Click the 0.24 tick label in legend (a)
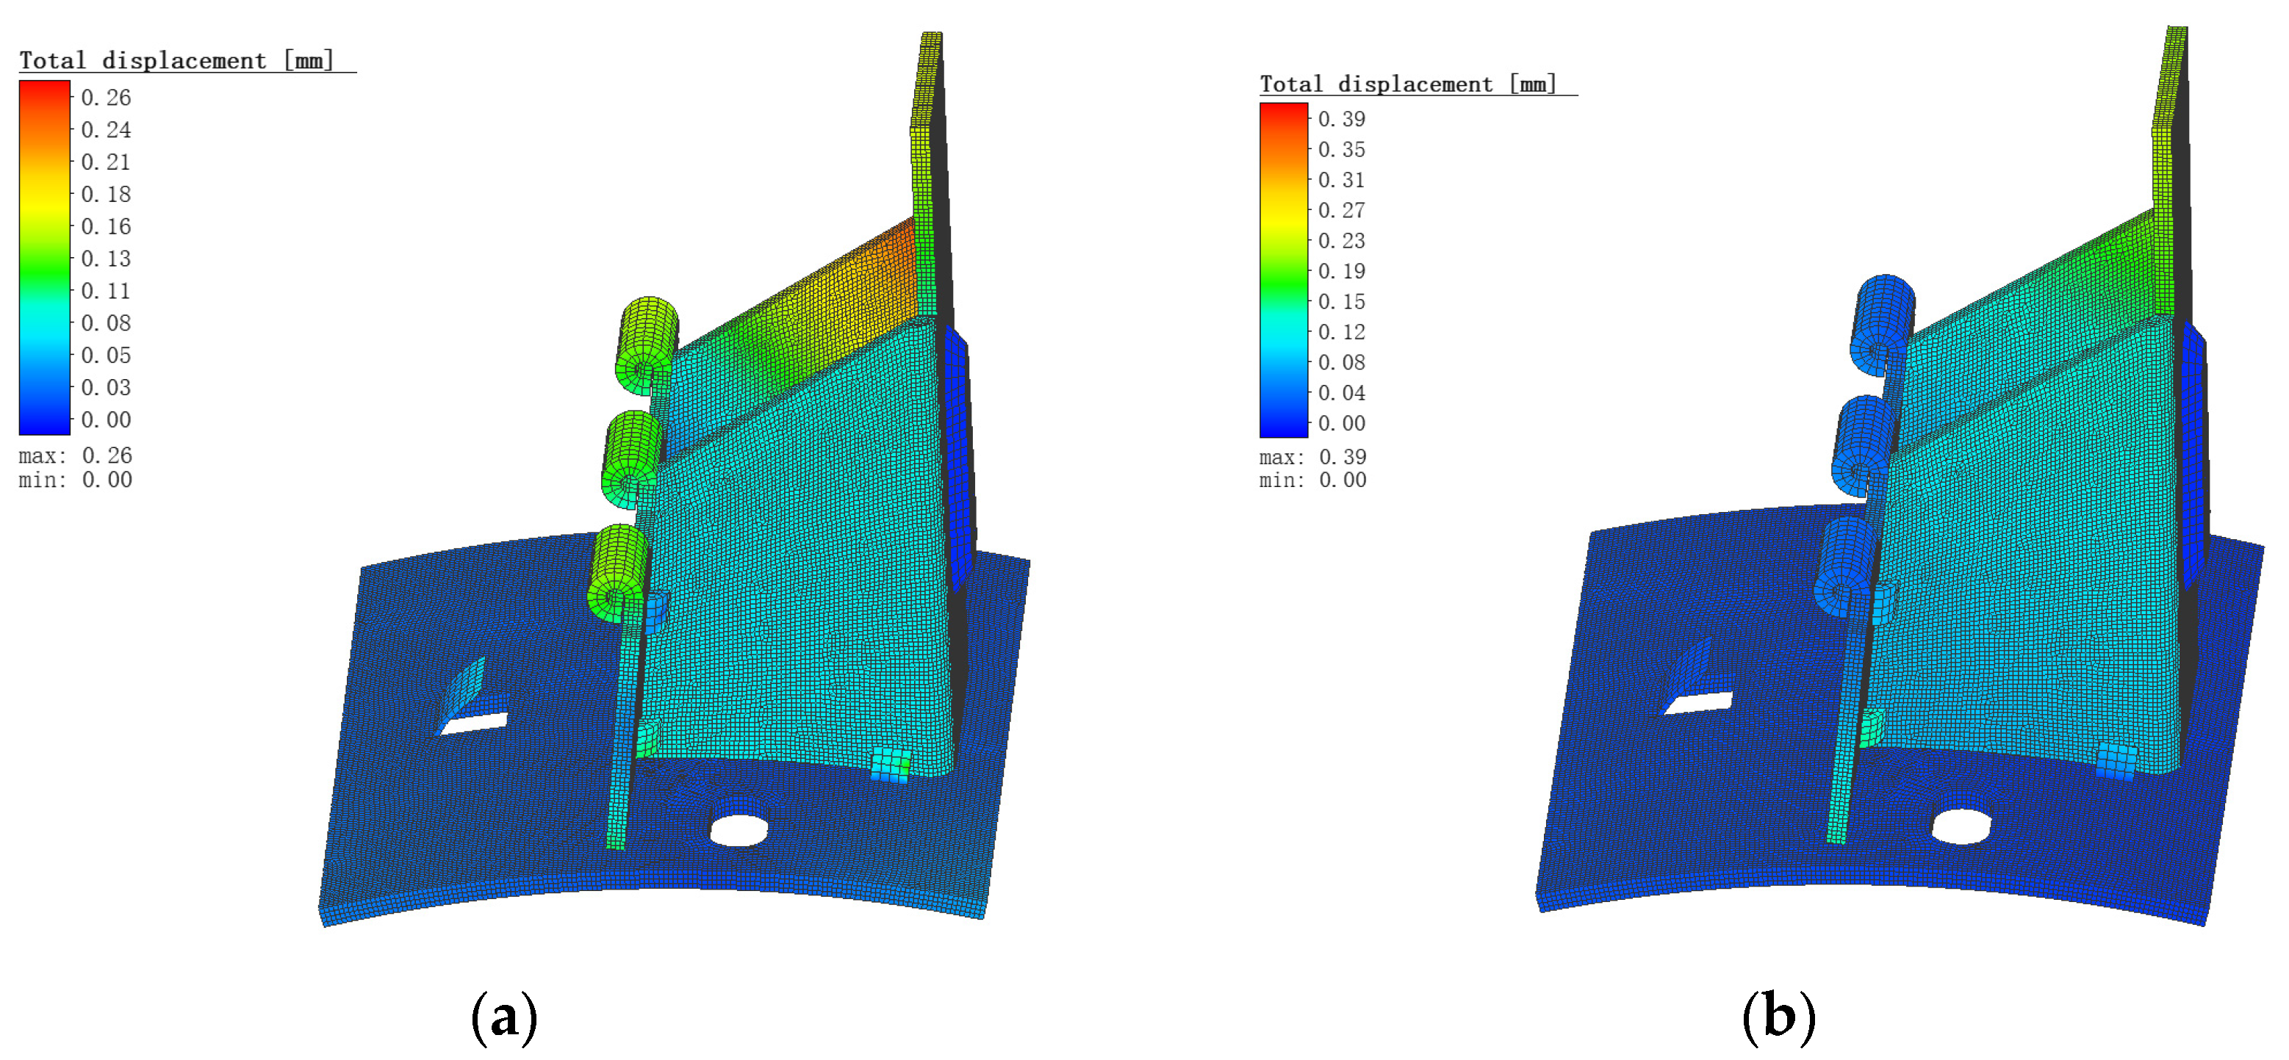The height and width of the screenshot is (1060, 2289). [106, 131]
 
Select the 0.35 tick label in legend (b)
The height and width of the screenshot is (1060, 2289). [1342, 149]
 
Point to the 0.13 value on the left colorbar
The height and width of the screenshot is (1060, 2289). [106, 259]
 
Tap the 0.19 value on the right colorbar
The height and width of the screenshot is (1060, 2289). [1342, 271]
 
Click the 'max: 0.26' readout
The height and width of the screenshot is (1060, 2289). [76, 456]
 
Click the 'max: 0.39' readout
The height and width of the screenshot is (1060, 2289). [1313, 457]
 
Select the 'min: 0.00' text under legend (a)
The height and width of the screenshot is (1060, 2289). [76, 480]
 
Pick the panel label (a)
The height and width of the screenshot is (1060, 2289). [504, 1017]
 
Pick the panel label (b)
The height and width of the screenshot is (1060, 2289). [1779, 1016]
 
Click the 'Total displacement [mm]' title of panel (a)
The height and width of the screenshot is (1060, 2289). [177, 60]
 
